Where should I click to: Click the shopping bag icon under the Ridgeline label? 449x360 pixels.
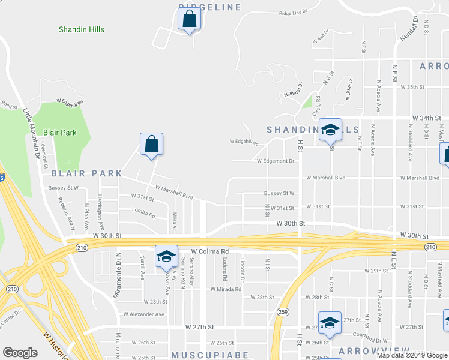tap(189, 19)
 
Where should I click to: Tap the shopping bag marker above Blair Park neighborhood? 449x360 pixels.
tap(151, 145)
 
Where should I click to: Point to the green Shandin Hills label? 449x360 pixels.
tap(82, 29)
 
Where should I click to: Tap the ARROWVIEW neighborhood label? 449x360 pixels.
tap(374, 350)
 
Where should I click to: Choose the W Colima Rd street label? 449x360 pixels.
tap(210, 251)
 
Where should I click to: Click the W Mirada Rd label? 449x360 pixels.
tap(225, 289)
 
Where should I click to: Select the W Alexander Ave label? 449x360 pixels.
tap(143, 314)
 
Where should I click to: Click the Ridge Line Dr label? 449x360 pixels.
tap(293, 11)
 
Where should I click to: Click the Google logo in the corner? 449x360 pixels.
tap(20, 353)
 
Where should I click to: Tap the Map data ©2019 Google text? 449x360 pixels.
tap(412, 355)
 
